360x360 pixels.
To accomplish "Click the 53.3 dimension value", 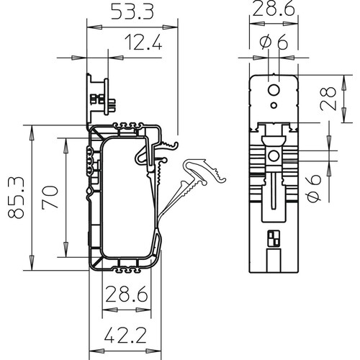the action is click(x=132, y=12).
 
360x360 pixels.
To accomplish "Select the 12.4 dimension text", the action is click(x=143, y=42).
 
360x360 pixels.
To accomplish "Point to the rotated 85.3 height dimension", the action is click(x=16, y=197).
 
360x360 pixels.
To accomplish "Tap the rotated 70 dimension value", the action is click(x=50, y=197).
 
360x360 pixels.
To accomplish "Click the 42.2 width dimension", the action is click(x=125, y=336).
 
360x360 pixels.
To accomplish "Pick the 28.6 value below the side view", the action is click(x=127, y=294).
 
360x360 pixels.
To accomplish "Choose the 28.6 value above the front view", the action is click(x=274, y=9).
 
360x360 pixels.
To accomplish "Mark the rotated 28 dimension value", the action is click(x=328, y=99).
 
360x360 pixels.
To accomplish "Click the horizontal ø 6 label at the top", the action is click(x=274, y=42).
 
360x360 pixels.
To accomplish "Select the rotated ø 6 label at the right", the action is click(x=313, y=189).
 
